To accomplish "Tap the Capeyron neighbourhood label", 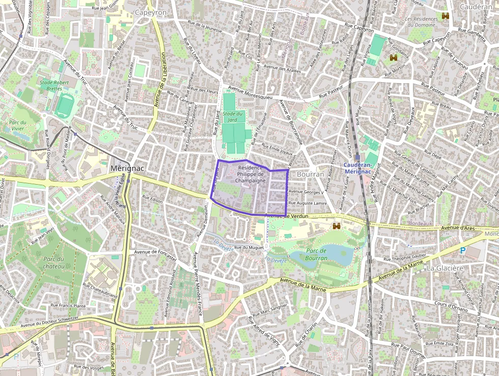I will pyautogui.click(x=151, y=12).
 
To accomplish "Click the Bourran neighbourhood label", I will pyautogui.click(x=310, y=174).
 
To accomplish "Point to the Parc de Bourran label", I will pyautogui.click(x=316, y=255).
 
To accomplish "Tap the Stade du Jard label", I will pyautogui.click(x=233, y=116).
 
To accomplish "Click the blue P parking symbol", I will pyautogui.click(x=462, y=250).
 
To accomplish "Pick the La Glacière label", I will pyautogui.click(x=445, y=268).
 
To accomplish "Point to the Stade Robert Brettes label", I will pyautogui.click(x=54, y=85).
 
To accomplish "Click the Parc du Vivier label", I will pyautogui.click(x=17, y=126).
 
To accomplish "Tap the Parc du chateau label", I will pyautogui.click(x=54, y=262).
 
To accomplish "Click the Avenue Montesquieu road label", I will pyautogui.click(x=251, y=92).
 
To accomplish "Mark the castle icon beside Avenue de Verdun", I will pyautogui.click(x=337, y=226).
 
